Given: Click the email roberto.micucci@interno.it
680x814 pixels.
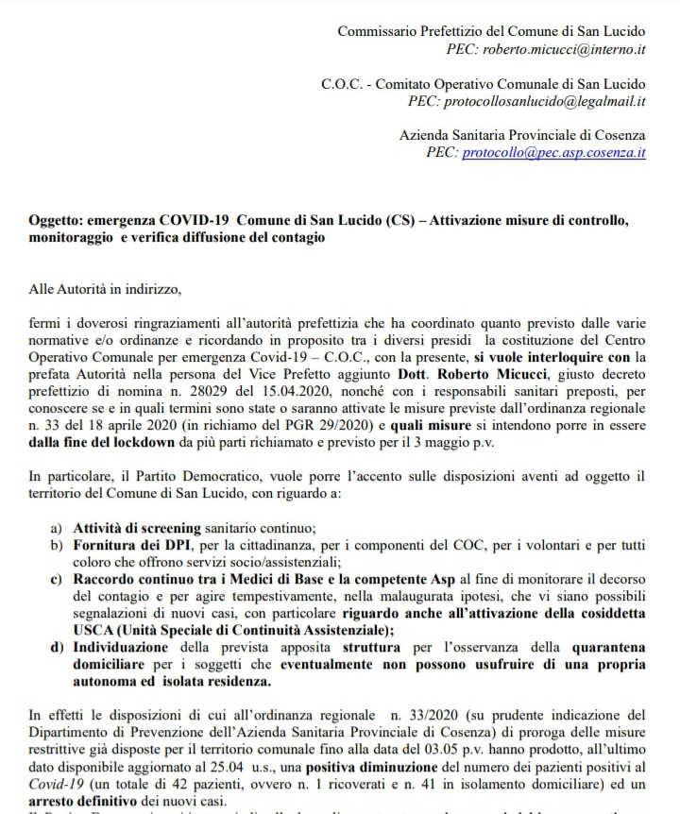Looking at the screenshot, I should tap(565, 48).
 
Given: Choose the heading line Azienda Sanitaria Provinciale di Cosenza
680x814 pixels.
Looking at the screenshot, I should tap(522, 135).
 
